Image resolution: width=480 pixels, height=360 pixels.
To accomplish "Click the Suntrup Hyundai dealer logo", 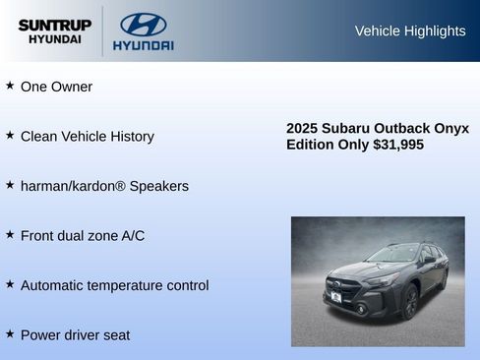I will pyautogui.click(x=54, y=31).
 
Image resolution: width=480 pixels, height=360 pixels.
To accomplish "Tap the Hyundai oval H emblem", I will pyautogui.click(x=143, y=25).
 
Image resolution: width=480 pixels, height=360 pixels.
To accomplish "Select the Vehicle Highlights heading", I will pyautogui.click(x=410, y=30).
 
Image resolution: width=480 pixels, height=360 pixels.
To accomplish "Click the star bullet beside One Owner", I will pyautogui.click(x=10, y=86).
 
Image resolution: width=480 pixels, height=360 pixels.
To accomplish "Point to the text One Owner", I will pyautogui.click(x=56, y=87).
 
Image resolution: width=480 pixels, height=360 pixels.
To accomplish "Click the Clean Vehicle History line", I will pyautogui.click(x=87, y=137).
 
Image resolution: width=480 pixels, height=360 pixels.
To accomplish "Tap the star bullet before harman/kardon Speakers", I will pyautogui.click(x=10, y=185).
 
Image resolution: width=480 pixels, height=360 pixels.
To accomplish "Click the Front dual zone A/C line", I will pyautogui.click(x=83, y=236).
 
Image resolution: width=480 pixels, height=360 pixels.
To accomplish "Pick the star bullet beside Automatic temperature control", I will pyautogui.click(x=10, y=284).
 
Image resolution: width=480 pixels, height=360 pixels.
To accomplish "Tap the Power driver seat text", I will pyautogui.click(x=75, y=335).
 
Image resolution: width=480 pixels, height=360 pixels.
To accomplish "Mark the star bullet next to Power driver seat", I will pyautogui.click(x=10, y=333).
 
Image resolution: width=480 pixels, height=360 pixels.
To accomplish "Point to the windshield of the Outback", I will pyautogui.click(x=391, y=255).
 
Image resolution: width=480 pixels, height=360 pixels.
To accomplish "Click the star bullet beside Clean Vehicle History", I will pyautogui.click(x=10, y=135).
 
